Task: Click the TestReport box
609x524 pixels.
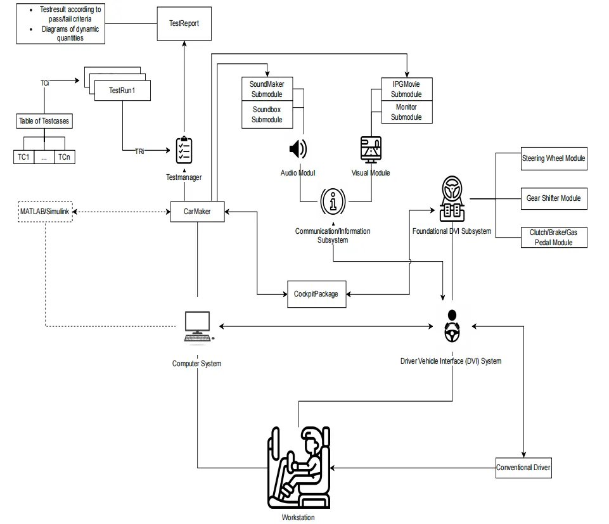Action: [184, 23]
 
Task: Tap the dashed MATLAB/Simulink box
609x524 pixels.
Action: [44, 211]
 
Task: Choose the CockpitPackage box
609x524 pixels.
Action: [316, 294]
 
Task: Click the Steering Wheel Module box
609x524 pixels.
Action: [553, 158]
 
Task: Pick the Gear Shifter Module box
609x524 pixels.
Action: [553, 198]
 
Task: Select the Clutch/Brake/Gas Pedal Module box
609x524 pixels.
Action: [553, 238]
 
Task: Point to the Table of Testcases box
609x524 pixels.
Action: [44, 121]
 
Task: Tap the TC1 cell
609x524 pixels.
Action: [23, 157]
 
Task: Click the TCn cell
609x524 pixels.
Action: [64, 157]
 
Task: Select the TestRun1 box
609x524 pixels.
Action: [122, 91]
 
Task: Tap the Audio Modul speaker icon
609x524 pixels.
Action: [297, 149]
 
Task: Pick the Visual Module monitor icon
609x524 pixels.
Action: [371, 150]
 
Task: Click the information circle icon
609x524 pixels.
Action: [333, 201]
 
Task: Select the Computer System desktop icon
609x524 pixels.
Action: [197, 327]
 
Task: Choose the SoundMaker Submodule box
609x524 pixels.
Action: [266, 89]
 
